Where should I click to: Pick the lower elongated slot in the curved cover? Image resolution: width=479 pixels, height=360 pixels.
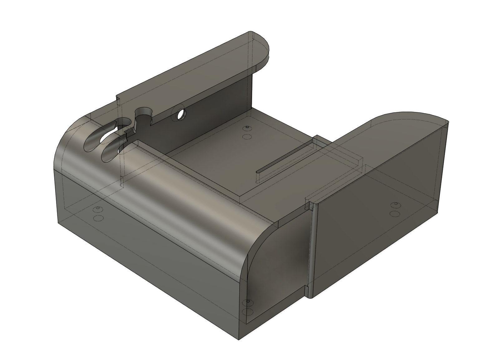[111, 152]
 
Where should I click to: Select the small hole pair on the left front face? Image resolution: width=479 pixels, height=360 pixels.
[98, 213]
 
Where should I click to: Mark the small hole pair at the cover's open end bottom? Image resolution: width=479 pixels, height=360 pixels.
[248, 307]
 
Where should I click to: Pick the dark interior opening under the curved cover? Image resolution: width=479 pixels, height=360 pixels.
[278, 265]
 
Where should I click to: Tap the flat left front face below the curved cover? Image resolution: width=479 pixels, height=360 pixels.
[140, 250]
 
